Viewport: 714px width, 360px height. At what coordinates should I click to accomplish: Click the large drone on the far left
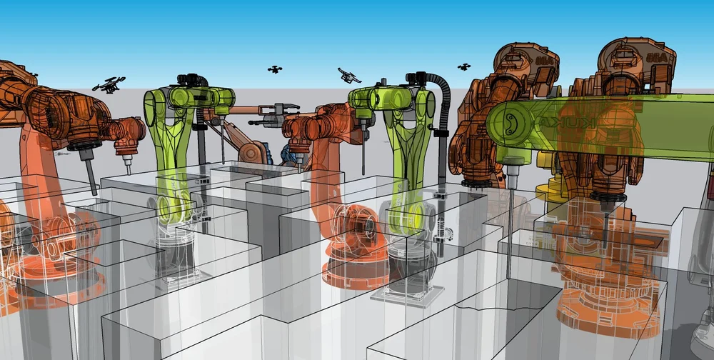109,84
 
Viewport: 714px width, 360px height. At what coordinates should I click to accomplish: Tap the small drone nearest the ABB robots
464,67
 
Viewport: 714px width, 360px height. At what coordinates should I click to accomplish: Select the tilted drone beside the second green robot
349,75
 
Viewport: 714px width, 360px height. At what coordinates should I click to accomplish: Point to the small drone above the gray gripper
274,69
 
